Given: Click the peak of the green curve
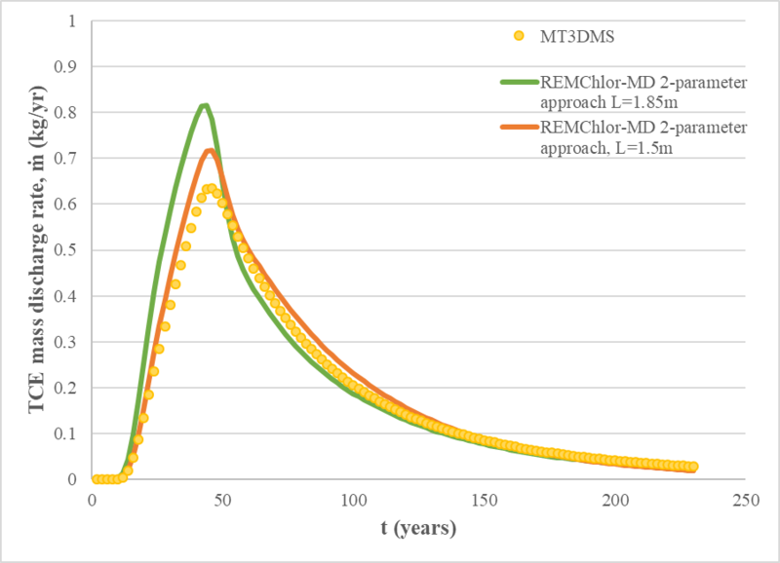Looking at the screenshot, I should [x=204, y=106].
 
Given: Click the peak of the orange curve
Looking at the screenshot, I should [x=210, y=150].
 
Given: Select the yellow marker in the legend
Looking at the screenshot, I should [x=519, y=37].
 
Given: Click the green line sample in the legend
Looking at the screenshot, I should [x=519, y=84].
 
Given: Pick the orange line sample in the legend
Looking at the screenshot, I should [x=519, y=128].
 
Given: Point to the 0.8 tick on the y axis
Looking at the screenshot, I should [x=70, y=112].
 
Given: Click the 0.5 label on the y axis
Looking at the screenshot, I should [x=70, y=249].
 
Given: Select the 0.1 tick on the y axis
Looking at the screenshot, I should [x=70, y=433].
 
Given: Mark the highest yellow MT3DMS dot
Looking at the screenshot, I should [x=209, y=189].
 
